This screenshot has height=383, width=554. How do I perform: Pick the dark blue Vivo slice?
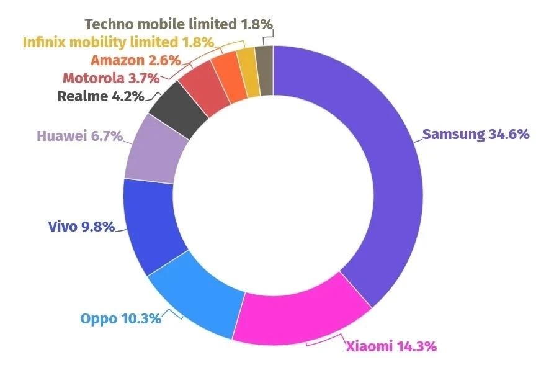tap(149, 227)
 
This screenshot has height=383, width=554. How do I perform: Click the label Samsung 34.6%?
tap(476, 134)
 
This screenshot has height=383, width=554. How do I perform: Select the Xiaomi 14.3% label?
tap(391, 346)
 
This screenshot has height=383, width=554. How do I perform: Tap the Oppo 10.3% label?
tap(121, 319)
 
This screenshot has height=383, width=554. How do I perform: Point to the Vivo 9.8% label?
tap(81, 227)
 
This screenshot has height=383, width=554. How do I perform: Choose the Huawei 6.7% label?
tap(79, 136)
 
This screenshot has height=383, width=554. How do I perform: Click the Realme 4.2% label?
tap(101, 96)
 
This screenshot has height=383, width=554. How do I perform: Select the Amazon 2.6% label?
tap(135, 60)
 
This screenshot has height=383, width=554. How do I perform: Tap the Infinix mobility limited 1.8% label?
tap(118, 42)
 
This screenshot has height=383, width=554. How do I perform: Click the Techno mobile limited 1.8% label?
tap(179, 24)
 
